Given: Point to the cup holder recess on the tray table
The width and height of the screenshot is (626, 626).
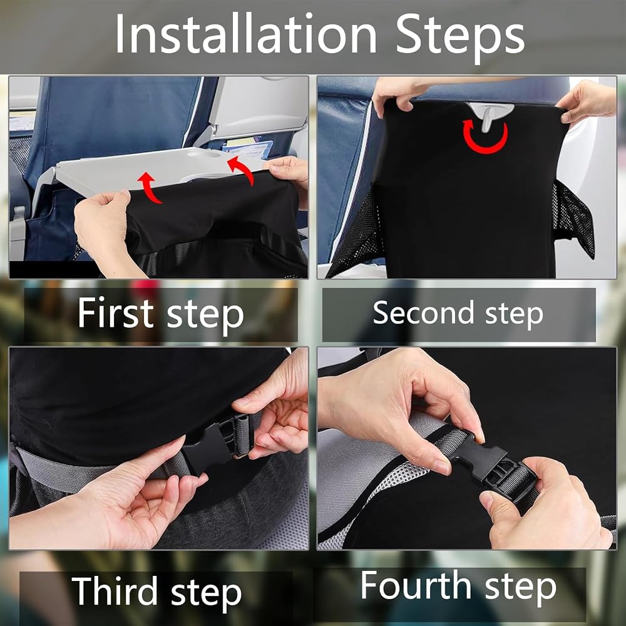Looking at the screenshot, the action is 203,154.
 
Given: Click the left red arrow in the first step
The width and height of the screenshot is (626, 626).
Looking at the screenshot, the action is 150,187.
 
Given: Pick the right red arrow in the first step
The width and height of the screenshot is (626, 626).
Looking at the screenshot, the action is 241,170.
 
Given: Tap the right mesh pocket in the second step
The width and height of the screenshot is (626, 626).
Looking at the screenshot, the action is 573,218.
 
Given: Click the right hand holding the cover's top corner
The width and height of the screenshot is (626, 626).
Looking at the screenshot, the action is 588,102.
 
